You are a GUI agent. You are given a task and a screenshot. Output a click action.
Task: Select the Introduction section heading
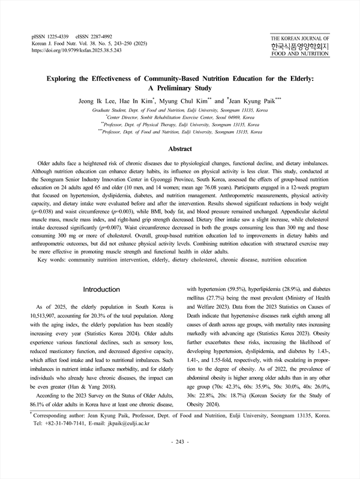[x=101, y=289]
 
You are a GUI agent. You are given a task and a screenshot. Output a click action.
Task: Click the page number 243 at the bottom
[x=179, y=459]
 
